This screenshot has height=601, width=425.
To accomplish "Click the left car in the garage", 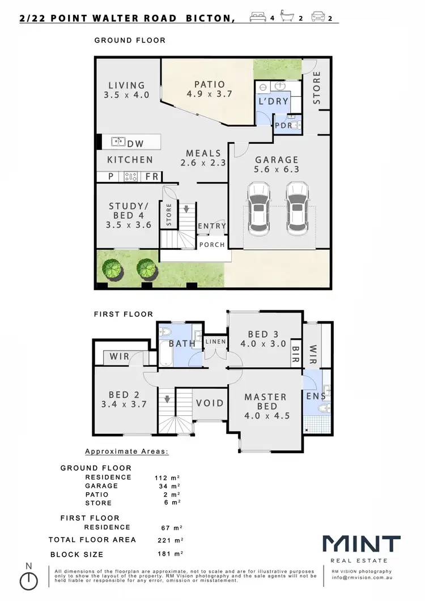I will [258, 208].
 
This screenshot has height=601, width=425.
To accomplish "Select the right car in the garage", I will [297, 208].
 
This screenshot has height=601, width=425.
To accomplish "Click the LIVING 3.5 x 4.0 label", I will [126, 91].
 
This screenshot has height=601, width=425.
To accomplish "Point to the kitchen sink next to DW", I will [118, 142].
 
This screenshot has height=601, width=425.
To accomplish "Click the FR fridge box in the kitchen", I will [151, 177].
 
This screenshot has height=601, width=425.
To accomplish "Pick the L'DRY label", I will [273, 102].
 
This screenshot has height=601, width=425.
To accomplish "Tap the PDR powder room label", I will [283, 126].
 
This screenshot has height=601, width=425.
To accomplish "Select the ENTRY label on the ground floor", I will [212, 226].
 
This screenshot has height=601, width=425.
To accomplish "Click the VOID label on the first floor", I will [210, 403].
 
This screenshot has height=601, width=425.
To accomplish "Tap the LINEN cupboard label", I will [215, 342].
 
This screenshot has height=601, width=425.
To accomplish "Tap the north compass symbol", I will [28, 579].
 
